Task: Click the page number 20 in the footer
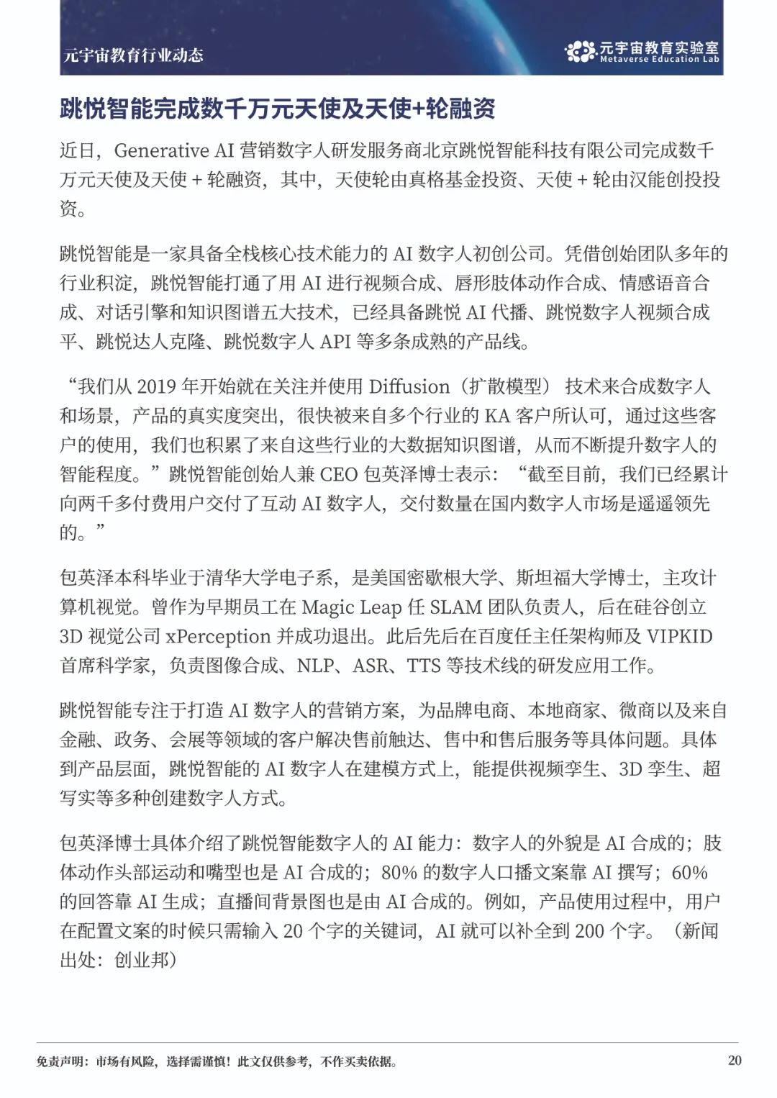(x=735, y=1061)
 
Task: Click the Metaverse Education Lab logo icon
(x=580, y=51)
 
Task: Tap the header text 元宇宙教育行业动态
(x=133, y=55)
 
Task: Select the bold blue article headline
(x=278, y=109)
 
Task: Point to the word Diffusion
(x=409, y=386)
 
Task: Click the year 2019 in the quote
(x=157, y=386)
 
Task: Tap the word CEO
(x=339, y=474)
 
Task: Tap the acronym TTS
(x=424, y=666)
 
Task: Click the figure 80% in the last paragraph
(x=399, y=873)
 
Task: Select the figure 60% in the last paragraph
(x=689, y=873)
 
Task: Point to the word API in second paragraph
(x=335, y=342)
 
